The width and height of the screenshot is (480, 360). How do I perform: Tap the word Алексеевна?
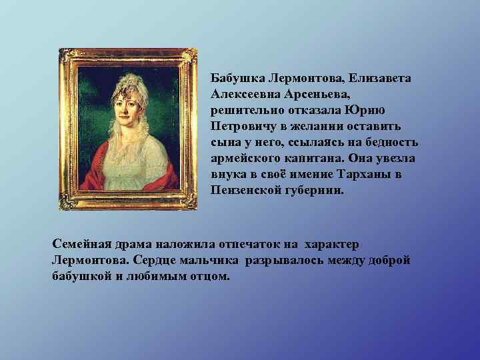pos(242,94)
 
